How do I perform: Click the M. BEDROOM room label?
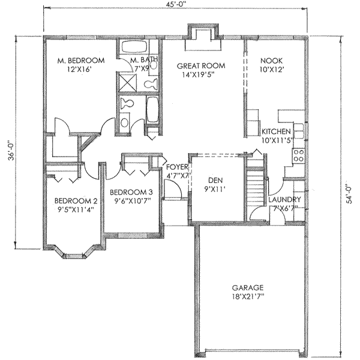[81, 61]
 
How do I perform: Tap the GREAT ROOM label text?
[201, 66]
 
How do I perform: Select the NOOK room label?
[271, 61]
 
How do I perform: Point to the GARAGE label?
[248, 287]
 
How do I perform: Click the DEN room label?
[215, 180]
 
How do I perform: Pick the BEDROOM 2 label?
[76, 201]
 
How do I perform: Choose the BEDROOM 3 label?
[131, 192]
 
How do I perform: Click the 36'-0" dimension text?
[11, 151]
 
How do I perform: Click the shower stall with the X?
[128, 82]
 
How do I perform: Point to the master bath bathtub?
[134, 46]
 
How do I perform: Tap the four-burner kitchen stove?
[298, 155]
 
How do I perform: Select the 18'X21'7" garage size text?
[248, 296]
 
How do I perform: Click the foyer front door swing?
[173, 189]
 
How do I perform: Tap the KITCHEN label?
[276, 131]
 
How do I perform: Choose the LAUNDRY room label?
[284, 200]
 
